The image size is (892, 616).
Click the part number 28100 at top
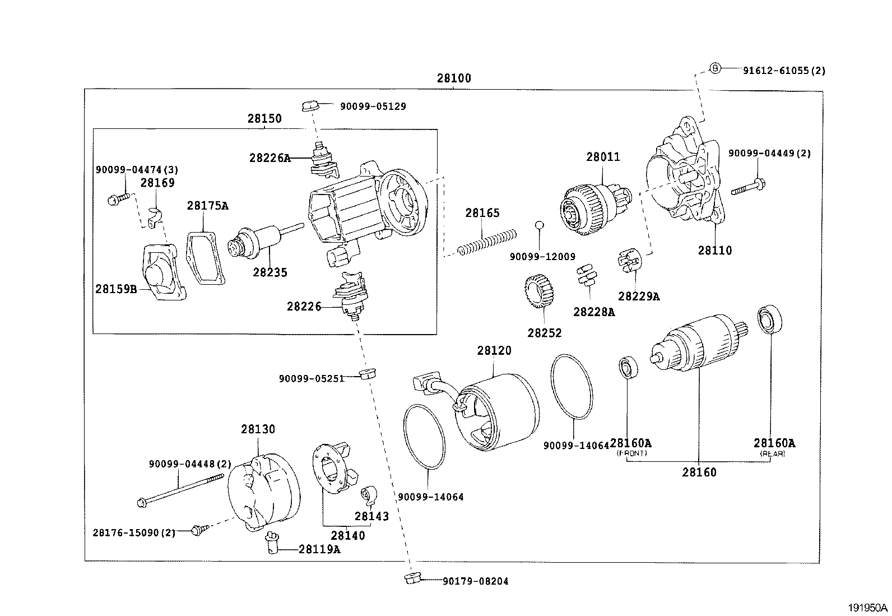(454, 78)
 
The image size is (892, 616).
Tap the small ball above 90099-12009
(539, 225)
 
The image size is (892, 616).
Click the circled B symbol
(715, 68)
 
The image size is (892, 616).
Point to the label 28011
(603, 158)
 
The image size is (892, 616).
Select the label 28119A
(319, 549)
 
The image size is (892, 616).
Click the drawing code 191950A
(867, 607)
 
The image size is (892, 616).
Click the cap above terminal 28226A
(310, 105)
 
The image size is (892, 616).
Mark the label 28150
(264, 119)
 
